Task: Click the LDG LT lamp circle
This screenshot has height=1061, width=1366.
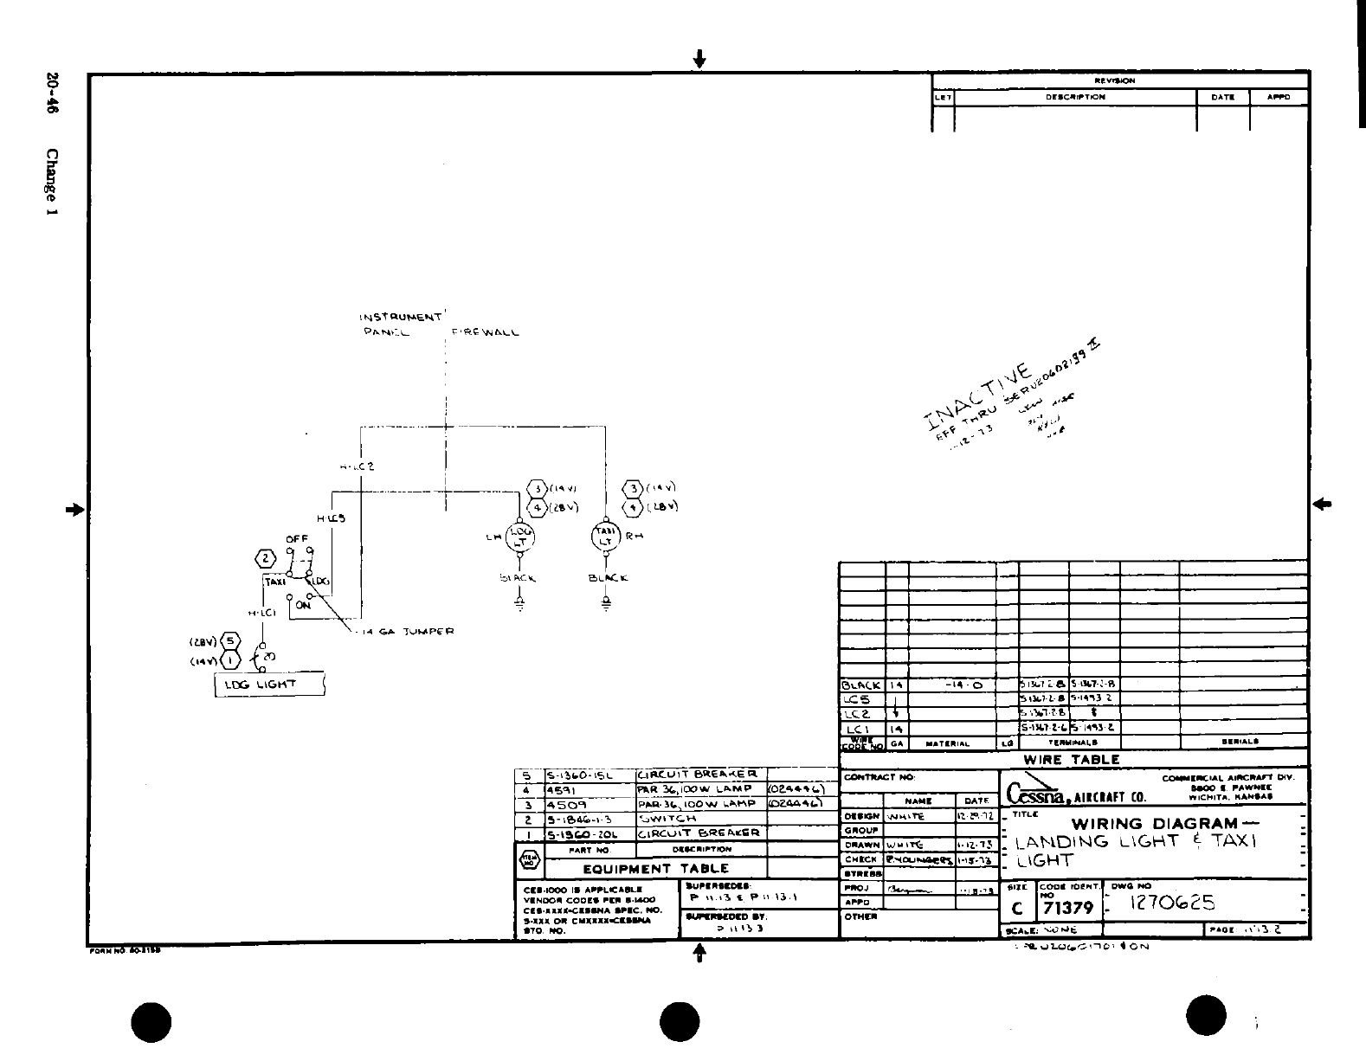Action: tap(521, 537)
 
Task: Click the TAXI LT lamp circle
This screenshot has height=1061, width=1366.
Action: tap(606, 536)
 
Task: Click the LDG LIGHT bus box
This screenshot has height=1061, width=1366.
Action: tap(269, 685)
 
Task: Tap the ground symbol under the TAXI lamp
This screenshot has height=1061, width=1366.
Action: tap(606, 602)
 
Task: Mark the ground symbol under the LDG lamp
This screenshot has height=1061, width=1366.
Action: tap(520, 603)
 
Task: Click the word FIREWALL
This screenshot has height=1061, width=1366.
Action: tap(485, 333)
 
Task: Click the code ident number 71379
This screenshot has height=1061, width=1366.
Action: tap(1069, 908)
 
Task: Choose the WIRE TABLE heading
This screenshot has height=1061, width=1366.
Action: tap(1072, 759)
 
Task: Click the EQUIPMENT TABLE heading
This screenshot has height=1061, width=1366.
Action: tap(655, 869)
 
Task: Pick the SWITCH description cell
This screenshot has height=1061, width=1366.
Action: tap(667, 818)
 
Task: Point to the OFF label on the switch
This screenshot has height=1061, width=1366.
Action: tap(297, 538)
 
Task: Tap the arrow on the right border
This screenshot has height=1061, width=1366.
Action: tap(1322, 504)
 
